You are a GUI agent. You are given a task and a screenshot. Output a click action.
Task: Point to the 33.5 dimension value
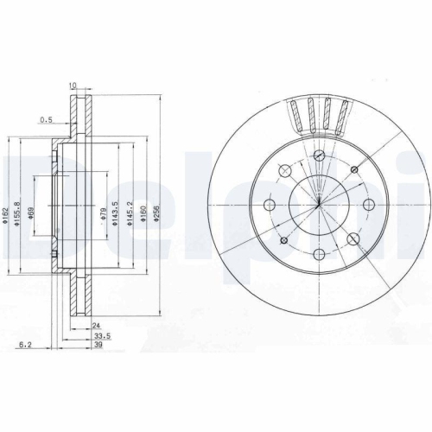coord(100,335)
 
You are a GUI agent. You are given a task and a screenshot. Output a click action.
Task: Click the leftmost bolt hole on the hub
coord(269,205)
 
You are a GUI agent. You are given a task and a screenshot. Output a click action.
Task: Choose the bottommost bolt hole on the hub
coord(319,254)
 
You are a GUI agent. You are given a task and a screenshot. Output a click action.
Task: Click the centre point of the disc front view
coord(319,205)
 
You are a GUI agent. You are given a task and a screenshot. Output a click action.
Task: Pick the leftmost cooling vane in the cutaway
coord(299,115)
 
